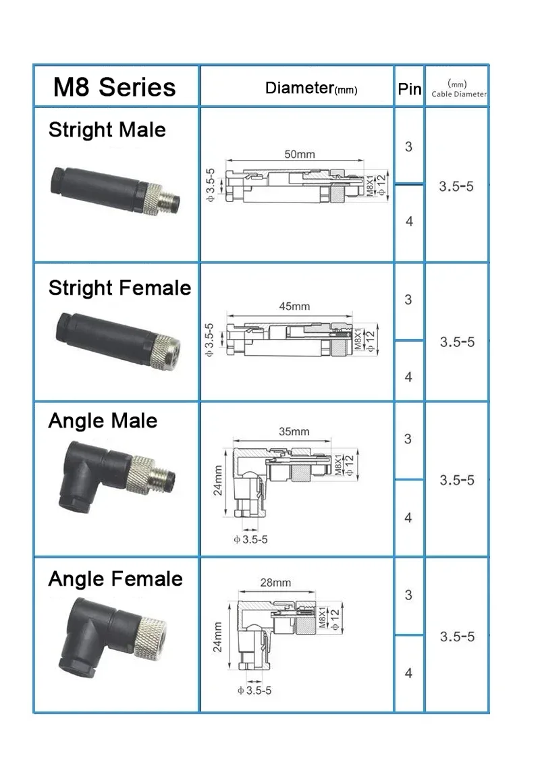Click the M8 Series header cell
point(115,87)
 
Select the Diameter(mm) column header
point(311,88)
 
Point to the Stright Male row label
point(107,129)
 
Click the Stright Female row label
point(119,288)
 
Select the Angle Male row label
point(103,421)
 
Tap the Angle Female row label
point(115,579)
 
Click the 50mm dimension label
point(299,154)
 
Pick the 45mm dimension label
point(294,306)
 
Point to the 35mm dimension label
point(294,431)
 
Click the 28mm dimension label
point(275,582)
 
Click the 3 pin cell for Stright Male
point(408,146)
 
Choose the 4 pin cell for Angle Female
point(408,673)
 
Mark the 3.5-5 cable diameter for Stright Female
point(457,342)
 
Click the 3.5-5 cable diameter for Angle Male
point(457,480)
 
